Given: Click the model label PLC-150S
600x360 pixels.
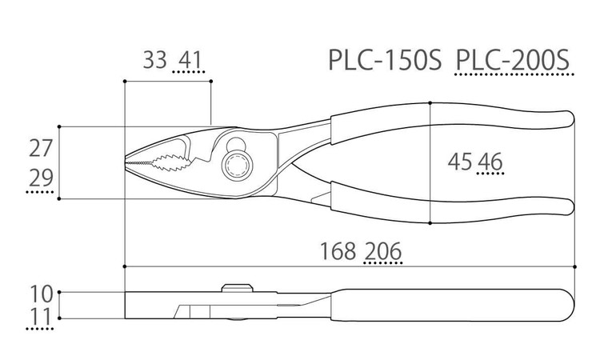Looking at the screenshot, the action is [x=385, y=60].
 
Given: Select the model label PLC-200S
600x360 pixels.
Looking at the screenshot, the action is [x=513, y=60].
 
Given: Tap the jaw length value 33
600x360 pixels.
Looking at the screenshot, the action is [x=155, y=60].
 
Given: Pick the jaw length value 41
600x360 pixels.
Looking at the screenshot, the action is [x=190, y=60].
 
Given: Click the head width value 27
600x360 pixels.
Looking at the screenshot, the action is [x=41, y=149].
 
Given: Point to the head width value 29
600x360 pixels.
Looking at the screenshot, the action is [x=41, y=178].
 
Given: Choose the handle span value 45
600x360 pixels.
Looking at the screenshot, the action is [x=459, y=162].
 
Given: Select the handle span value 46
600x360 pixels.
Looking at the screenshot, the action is [x=490, y=162].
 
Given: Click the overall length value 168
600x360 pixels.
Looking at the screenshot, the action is [x=338, y=251].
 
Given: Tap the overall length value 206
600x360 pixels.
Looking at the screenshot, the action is [x=383, y=251].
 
